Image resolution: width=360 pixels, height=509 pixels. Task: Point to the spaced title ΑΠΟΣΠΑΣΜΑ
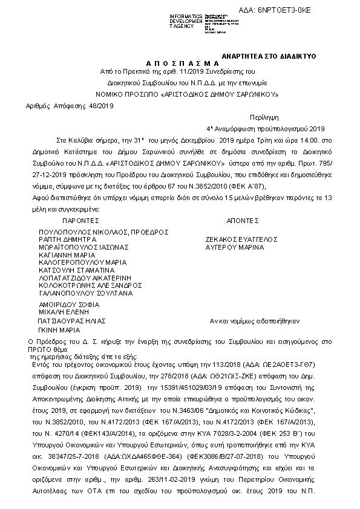181,63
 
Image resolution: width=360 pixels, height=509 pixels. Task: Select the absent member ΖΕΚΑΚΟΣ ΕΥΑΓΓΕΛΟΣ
240,239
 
